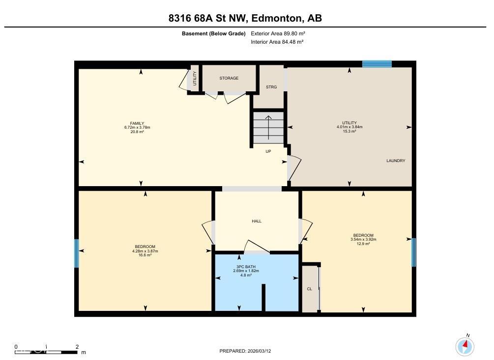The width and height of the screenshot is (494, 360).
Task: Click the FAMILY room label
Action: click(137, 123)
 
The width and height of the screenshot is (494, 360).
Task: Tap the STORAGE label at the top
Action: click(229, 78)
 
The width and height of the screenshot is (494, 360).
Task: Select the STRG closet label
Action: click(271, 87)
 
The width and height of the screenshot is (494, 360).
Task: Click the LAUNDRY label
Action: click(396, 161)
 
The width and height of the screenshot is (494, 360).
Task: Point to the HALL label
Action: click(257, 221)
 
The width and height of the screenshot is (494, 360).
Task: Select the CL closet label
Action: click(310, 289)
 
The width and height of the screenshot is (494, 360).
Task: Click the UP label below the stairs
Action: click(268, 151)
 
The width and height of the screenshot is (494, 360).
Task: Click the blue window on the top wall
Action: click(377, 64)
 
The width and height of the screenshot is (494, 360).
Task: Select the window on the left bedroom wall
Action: click(77, 253)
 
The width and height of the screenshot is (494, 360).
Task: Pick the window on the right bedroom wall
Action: click(413, 252)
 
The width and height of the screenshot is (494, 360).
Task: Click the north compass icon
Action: click(465, 346)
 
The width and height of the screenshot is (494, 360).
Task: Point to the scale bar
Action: click(46, 352)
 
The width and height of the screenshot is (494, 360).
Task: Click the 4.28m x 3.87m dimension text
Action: click(145, 251)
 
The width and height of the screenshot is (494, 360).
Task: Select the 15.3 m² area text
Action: click(349, 131)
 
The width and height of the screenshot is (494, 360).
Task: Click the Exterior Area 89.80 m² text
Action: click(278, 33)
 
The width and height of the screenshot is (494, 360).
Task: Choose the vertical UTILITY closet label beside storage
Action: click(195, 79)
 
